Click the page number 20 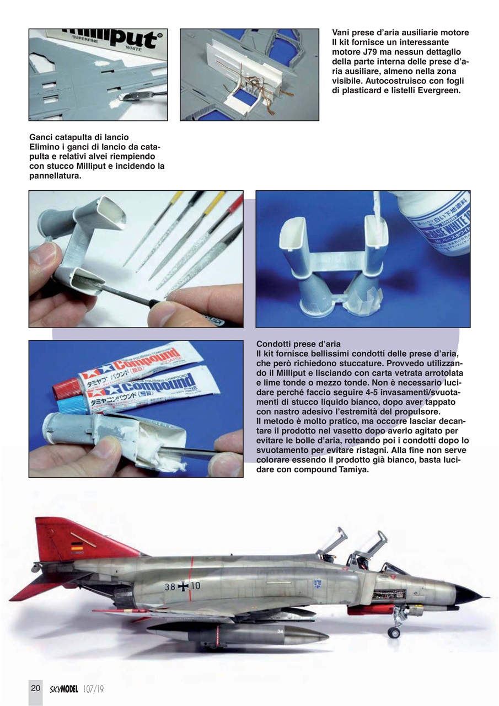(x=35, y=688)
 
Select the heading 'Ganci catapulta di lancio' (x=80, y=137)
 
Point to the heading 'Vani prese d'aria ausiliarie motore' (x=400, y=33)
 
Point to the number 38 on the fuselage (x=170, y=587)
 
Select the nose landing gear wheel (x=394, y=632)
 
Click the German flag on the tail (x=76, y=547)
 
